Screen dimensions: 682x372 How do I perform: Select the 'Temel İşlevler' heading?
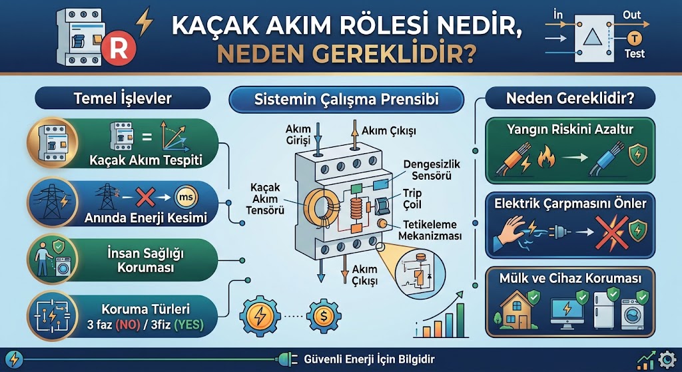click(x=123, y=99)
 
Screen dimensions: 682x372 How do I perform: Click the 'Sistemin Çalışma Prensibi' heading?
click(x=346, y=100)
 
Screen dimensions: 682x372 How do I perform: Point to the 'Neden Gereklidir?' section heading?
click(x=570, y=99)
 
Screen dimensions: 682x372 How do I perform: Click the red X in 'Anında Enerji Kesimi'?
click(x=145, y=198)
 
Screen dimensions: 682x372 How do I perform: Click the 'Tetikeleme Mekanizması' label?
click(x=430, y=231)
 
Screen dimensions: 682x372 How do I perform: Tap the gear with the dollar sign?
click(x=324, y=316)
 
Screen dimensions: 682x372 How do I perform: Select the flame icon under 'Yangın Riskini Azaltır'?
click(x=546, y=158)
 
